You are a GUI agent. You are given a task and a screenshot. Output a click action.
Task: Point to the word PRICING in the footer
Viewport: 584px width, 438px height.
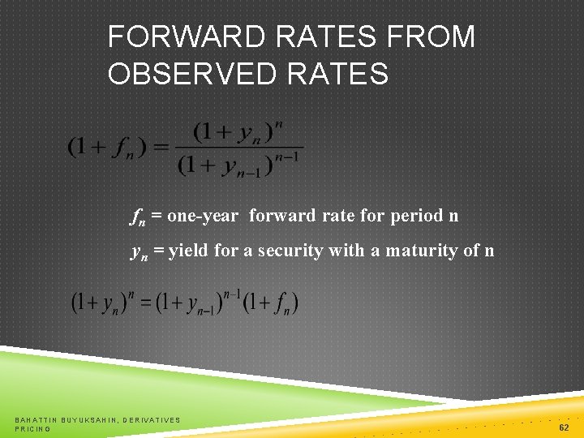[32, 428]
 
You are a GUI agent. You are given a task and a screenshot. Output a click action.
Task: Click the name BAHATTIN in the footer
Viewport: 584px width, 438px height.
[35, 419]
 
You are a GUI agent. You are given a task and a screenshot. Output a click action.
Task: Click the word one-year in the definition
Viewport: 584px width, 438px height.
[203, 216]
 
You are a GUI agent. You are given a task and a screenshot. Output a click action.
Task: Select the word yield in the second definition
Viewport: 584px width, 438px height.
[189, 251]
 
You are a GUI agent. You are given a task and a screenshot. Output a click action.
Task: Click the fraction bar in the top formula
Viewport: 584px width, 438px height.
[239, 148]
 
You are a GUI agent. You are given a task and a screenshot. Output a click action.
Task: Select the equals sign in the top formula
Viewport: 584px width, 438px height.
[160, 148]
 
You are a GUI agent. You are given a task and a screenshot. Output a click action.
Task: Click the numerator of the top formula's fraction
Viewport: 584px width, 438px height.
[238, 131]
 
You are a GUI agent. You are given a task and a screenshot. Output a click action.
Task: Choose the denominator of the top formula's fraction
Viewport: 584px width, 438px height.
[238, 165]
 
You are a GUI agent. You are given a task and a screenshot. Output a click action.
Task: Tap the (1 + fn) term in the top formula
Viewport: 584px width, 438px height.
[107, 148]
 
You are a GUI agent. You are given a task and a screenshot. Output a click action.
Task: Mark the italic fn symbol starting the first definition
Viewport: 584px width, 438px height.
[138, 217]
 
